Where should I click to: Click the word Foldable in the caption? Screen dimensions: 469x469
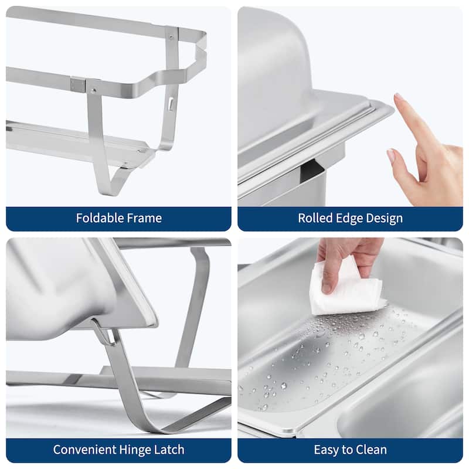pyautogui.click(x=97, y=219)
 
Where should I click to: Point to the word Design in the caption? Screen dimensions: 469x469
pyautogui.click(x=385, y=219)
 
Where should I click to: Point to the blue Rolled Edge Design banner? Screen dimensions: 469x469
pyautogui.click(x=350, y=219)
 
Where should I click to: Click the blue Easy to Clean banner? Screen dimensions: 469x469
pyautogui.click(x=350, y=450)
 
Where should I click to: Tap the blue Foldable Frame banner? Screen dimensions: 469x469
pyautogui.click(x=118, y=219)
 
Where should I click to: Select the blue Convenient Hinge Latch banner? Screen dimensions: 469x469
pyautogui.click(x=118, y=450)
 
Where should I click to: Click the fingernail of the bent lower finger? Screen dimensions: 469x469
pyautogui.click(x=391, y=156)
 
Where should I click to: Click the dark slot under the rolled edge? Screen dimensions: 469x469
pyautogui.click(x=311, y=174)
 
